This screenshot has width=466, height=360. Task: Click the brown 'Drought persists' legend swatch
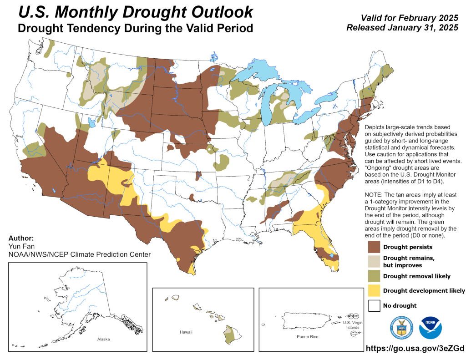coord(374,247)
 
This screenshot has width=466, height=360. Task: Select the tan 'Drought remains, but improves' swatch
coord(374,261)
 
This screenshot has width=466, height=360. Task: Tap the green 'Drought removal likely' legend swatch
coord(374,276)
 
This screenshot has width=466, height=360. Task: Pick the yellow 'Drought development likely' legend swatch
coord(374,290)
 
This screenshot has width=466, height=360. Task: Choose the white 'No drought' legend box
coord(374,305)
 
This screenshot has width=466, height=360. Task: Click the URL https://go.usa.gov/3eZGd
coord(414,349)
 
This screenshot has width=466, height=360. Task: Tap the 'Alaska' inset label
coord(103,339)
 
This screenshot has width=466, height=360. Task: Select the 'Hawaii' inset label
coord(186,332)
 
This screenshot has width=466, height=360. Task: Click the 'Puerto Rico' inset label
coord(307,336)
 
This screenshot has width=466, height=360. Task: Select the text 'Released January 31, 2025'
coord(402,28)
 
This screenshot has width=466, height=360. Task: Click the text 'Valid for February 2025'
coord(409,18)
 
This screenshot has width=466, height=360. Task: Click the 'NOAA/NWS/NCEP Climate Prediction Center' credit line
coord(79,254)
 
